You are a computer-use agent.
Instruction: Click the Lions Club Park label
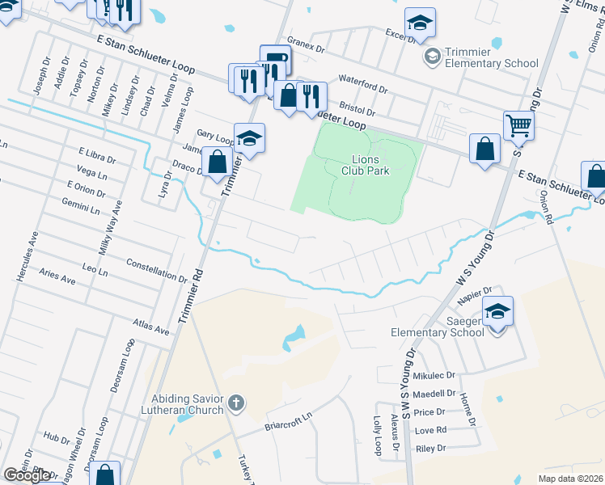tap(370, 165)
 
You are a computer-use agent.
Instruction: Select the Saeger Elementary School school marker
tap(497, 311)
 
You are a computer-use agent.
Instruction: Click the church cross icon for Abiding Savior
tap(235, 402)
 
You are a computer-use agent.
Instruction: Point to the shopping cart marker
tap(518, 125)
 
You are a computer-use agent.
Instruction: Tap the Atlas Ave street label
tap(151, 331)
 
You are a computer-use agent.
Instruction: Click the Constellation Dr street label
tap(157, 270)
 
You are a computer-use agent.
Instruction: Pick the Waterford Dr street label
tap(364, 83)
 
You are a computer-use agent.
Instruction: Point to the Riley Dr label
tap(430, 448)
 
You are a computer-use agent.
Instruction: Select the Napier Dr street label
tap(476, 295)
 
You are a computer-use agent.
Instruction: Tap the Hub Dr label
tap(57, 437)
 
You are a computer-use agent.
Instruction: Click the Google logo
tap(27, 475)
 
